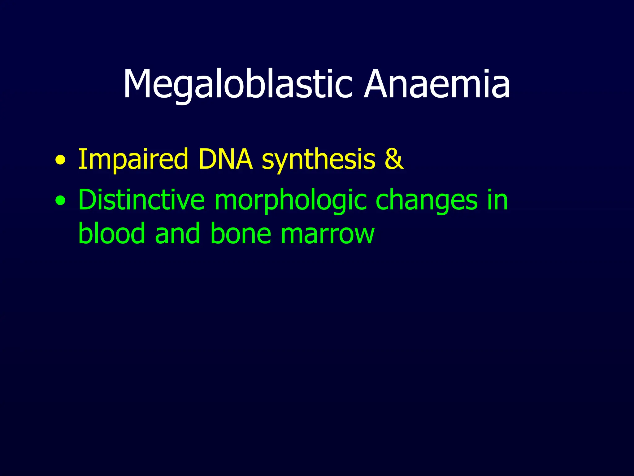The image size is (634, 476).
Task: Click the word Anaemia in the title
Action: pos(437,84)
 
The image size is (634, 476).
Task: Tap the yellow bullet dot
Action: pos(61,161)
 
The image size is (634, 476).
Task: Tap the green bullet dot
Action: pos(61,201)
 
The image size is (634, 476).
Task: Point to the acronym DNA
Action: pos(226,159)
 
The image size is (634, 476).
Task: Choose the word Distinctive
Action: pos(141,200)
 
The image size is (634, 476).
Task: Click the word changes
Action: pos(427,200)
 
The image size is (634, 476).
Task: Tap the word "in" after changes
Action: pos(497,200)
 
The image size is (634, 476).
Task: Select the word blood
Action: pos(112,233)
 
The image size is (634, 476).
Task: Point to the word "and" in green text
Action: pos(177,233)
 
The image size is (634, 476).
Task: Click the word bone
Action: pos(241,233)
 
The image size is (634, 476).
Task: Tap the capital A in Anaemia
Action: pos(377,84)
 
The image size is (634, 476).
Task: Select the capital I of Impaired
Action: pos(81,159)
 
